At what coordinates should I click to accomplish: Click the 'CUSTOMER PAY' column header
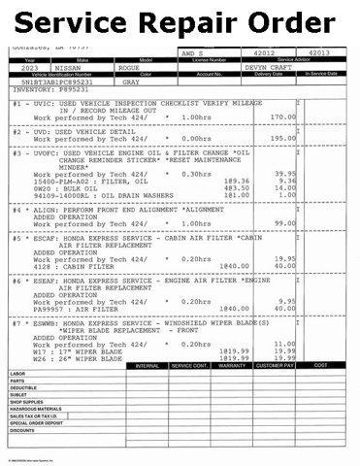(278, 365)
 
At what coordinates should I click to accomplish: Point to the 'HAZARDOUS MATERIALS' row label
(39, 410)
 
